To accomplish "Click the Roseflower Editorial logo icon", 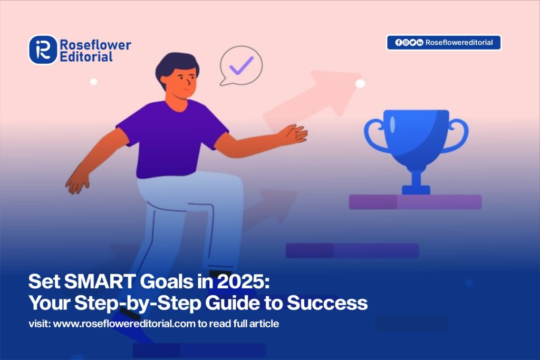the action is (x=43, y=50).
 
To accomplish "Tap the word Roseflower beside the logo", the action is (x=95, y=45).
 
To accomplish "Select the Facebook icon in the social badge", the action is (x=399, y=42).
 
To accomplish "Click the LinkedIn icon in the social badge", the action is (x=419, y=42).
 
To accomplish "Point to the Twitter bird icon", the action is (x=412, y=42).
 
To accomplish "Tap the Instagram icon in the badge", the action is (x=406, y=42).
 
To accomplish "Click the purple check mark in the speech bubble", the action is (x=242, y=65).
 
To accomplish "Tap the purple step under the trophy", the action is (x=415, y=202).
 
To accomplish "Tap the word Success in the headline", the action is (x=327, y=303).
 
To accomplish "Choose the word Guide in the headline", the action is (x=233, y=303).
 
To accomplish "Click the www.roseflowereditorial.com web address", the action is (x=124, y=324).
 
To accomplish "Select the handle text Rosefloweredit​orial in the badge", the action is (x=459, y=42).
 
